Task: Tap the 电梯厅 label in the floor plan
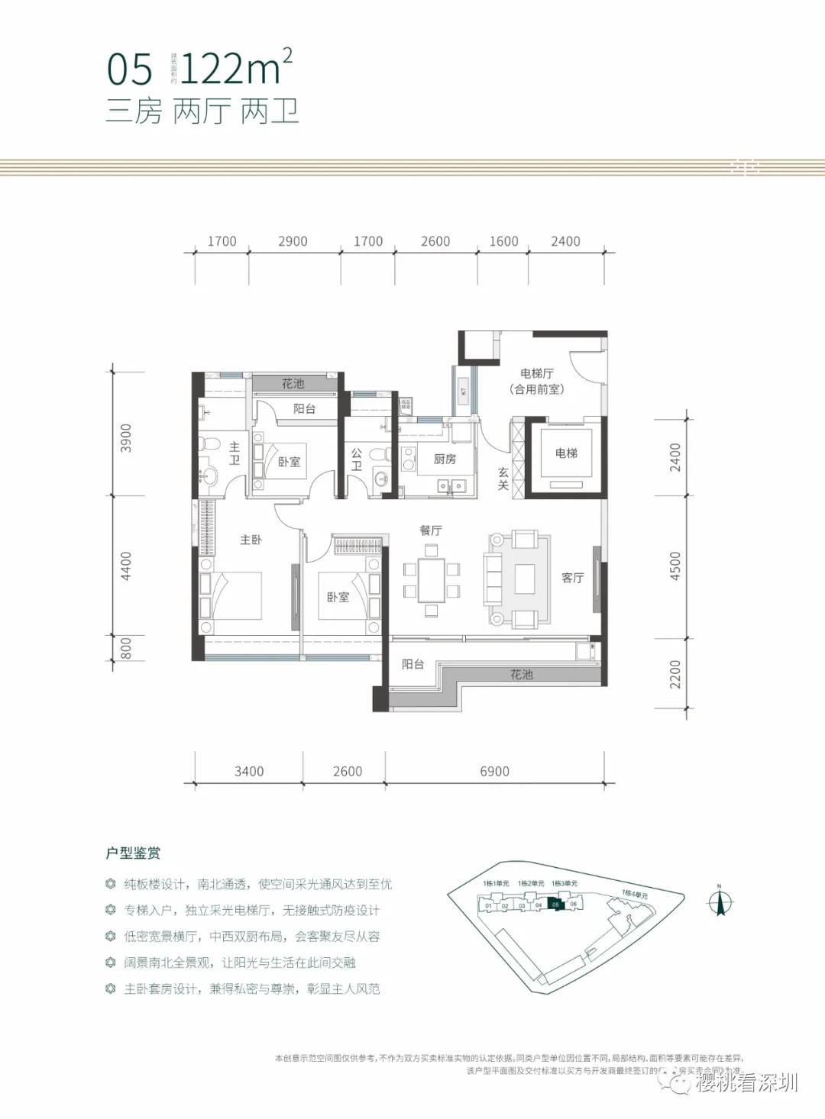coord(536,373)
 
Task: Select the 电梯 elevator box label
coord(566,453)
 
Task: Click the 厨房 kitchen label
coord(445,459)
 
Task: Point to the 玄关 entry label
coord(503,479)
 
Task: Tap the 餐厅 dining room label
coord(431,530)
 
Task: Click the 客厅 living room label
coord(572,578)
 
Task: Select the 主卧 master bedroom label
coord(251,540)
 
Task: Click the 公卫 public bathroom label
coord(356,459)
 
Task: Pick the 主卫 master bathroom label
coord(234,453)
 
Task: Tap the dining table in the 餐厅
coord(432,580)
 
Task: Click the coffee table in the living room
coord(524,579)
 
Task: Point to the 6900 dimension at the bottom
coord(494,772)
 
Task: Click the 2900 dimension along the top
coord(293,241)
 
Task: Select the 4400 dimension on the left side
coord(126,566)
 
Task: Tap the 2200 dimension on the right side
coord(675,674)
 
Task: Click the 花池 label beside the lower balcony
coord(521,675)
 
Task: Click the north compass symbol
coord(719,901)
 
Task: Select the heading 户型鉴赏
coord(133,853)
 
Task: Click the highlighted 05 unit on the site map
coord(556,905)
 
